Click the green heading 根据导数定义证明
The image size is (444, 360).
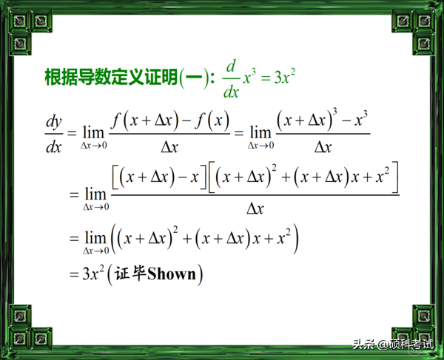pyautogui.click(x=111, y=77)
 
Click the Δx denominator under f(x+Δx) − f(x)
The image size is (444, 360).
pyautogui.click(x=169, y=146)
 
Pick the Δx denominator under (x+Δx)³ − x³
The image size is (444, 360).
pyautogui.click(x=323, y=146)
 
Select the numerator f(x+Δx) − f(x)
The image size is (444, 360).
pyautogui.click(x=169, y=118)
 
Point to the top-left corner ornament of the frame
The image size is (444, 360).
pyautogui.click(x=16, y=16)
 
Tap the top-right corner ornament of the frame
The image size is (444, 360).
pyautogui.click(x=428, y=16)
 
